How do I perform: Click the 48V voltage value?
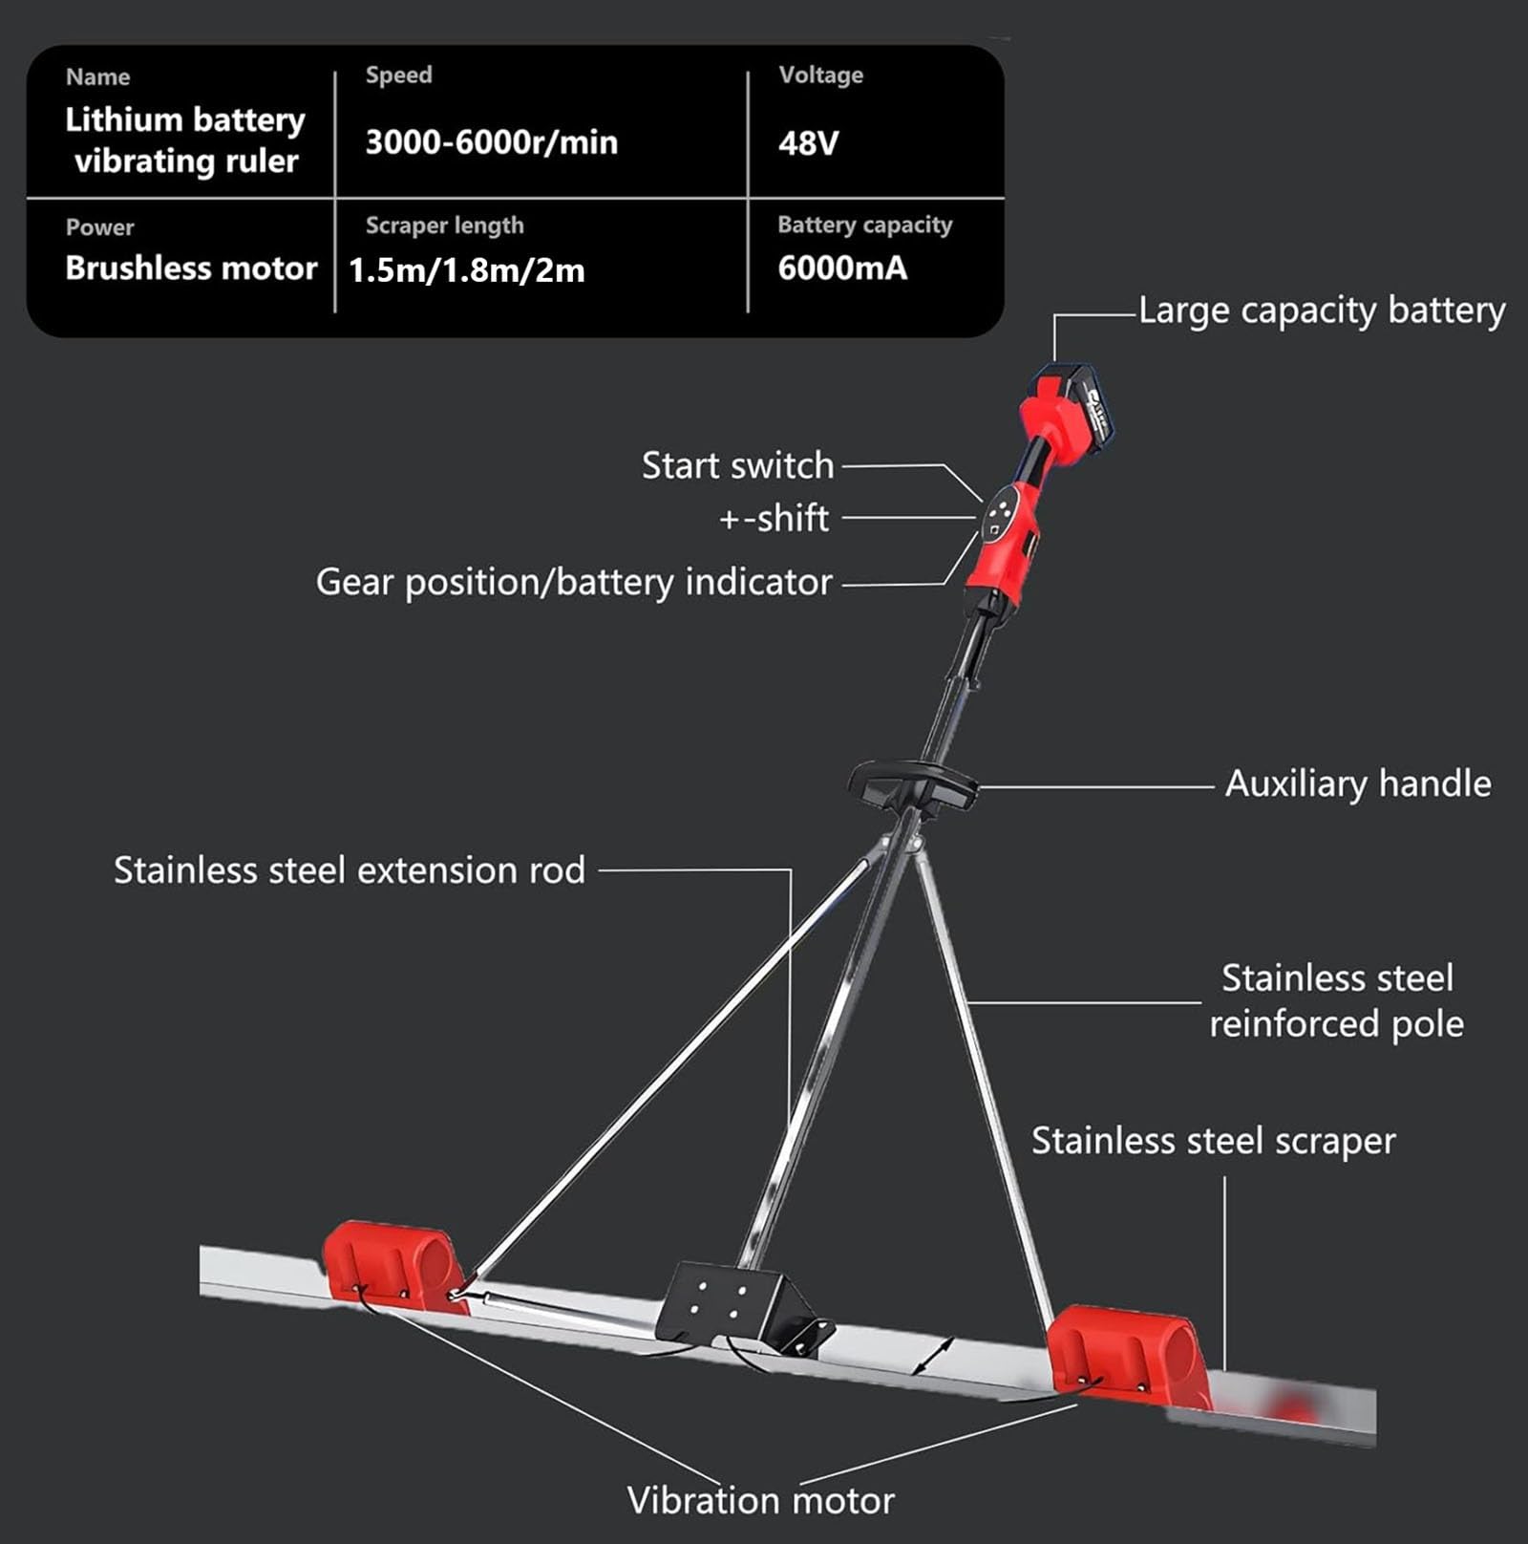(808, 143)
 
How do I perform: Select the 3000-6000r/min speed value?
(491, 142)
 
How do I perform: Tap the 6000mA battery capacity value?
(842, 268)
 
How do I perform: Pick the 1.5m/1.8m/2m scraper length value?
(466, 270)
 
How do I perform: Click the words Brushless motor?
(191, 268)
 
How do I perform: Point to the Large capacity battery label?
(1322, 311)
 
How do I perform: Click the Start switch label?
(737, 465)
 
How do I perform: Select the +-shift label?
(774, 518)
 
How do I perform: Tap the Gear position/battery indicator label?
(574, 583)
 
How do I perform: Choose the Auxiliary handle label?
(1358, 783)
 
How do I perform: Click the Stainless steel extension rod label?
(350, 870)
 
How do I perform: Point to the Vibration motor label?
(760, 1500)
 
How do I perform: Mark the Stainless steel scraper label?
(1213, 1142)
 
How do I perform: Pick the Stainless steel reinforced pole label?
(1336, 1001)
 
